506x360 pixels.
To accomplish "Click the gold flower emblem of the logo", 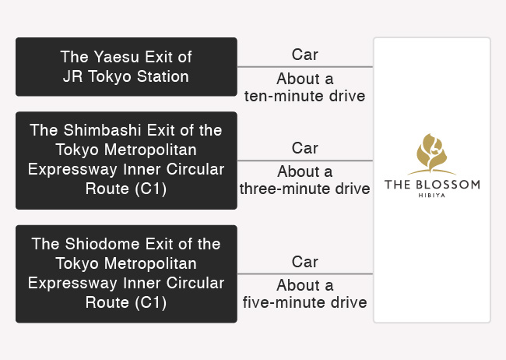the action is click(x=432, y=154).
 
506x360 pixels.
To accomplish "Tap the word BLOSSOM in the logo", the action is click(x=448, y=185).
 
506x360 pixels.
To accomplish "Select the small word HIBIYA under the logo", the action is click(x=432, y=196).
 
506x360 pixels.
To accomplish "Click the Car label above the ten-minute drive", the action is click(x=305, y=55).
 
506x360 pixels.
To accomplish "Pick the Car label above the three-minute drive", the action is click(x=305, y=148).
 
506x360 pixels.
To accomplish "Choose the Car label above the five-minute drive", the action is click(x=305, y=262).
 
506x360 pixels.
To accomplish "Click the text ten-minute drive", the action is click(x=304, y=96).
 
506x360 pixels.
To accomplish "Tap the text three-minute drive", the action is click(x=304, y=189).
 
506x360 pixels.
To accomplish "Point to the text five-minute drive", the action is click(x=304, y=302).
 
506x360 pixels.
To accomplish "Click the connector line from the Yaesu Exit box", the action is click(x=305, y=67).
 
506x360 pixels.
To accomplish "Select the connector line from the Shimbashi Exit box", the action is click(x=305, y=161).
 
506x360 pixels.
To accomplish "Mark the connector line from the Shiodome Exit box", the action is click(x=305, y=274).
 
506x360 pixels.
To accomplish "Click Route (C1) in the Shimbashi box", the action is click(x=126, y=189).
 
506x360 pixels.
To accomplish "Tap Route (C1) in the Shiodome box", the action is click(x=126, y=302).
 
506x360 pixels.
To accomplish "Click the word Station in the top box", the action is click(x=163, y=76).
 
